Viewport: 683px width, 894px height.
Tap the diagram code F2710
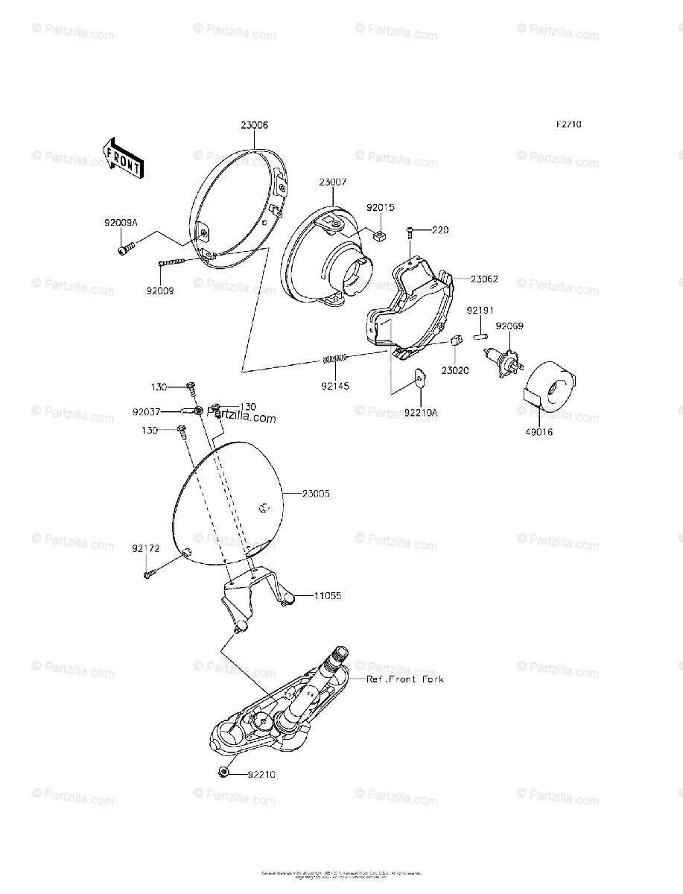click(568, 124)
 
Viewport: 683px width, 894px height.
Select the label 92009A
click(121, 222)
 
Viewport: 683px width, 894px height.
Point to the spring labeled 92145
click(336, 361)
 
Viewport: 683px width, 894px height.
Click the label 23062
click(484, 279)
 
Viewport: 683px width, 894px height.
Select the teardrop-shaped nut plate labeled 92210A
click(419, 379)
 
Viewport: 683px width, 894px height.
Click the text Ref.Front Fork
click(405, 679)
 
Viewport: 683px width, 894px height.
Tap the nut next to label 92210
click(223, 773)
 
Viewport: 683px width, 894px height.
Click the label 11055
click(327, 596)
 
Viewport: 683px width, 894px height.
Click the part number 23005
click(316, 493)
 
